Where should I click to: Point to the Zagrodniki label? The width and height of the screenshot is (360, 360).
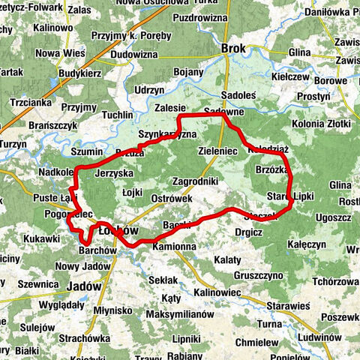point(194,181)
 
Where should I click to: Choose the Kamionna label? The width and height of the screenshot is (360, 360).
point(173,246)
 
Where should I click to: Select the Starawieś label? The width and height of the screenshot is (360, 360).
point(288,306)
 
